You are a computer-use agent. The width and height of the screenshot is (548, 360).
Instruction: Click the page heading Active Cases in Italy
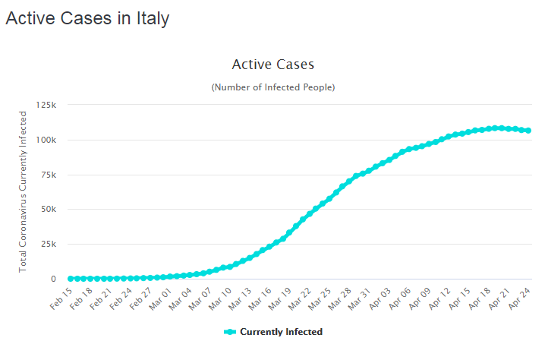tap(87, 19)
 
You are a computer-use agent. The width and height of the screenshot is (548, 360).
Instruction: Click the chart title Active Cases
tap(272, 65)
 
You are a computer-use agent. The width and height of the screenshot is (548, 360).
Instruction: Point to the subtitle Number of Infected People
tap(272, 87)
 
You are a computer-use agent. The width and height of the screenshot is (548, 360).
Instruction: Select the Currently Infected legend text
tap(281, 332)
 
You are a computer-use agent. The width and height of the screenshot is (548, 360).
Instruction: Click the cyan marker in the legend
tap(231, 332)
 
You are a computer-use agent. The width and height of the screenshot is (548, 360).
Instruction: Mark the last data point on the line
tap(528, 131)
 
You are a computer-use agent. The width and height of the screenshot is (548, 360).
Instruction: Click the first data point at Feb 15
tap(71, 279)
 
